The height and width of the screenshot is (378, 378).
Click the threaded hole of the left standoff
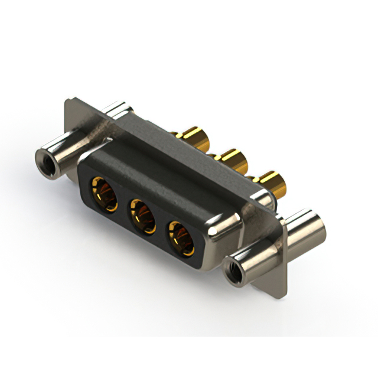[x=44, y=158]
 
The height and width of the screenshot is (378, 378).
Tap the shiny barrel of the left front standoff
[x=65, y=147]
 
